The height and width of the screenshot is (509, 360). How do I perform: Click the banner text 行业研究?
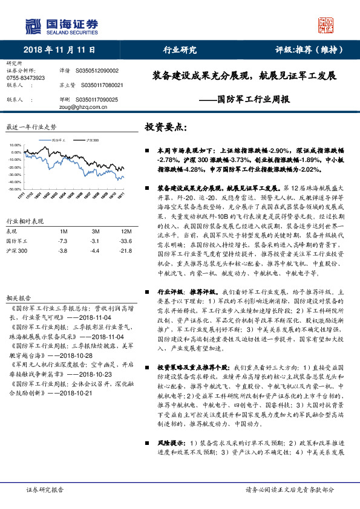tap(180, 50)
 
